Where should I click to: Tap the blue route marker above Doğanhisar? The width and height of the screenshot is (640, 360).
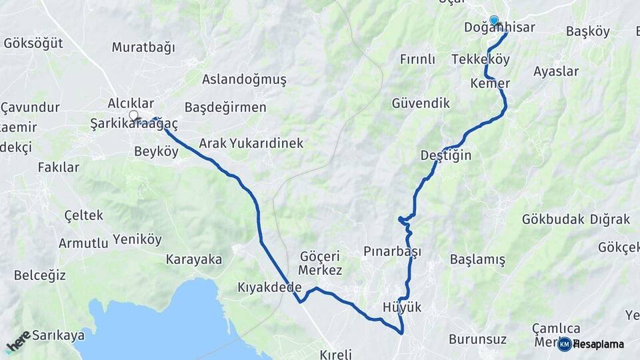tap(494, 21)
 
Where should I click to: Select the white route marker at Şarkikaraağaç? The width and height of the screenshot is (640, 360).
tap(133, 115)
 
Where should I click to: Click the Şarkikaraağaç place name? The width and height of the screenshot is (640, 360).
tap(135, 123)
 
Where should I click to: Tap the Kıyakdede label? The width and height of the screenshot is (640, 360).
tap(269, 287)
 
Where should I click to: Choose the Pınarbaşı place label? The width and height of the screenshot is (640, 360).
tap(393, 251)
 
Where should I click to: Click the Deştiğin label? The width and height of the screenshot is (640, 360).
tap(446, 155)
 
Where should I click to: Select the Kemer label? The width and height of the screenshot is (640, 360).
tap(490, 83)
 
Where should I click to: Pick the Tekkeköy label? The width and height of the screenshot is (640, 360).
tap(481, 59)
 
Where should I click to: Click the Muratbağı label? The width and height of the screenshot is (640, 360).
tap(143, 47)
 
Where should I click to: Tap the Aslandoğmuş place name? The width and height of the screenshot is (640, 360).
tap(244, 79)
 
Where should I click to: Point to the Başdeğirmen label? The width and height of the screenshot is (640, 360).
tap(225, 107)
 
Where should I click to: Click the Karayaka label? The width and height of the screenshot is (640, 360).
tap(194, 259)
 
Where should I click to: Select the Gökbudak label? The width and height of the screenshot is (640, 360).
tap(553, 219)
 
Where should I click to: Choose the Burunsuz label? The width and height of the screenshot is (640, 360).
tap(477, 339)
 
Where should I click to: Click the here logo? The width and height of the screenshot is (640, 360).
tap(19, 341)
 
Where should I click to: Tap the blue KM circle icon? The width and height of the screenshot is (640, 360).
tap(564, 344)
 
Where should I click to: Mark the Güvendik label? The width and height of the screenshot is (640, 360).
tap(421, 103)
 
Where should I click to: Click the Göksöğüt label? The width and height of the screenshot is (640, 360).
tap(33, 43)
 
